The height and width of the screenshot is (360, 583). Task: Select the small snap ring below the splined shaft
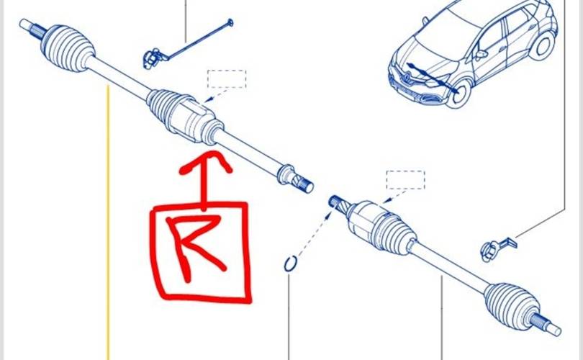point(290,264)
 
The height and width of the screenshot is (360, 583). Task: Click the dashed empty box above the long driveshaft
point(227,79)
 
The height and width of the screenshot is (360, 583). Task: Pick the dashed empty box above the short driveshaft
point(405,180)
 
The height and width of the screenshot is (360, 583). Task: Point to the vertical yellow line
point(108,222)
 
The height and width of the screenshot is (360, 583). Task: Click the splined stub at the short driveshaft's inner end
point(338,205)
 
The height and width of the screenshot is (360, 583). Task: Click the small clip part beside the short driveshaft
point(497,248)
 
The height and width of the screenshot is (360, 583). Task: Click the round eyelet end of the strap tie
point(230,23)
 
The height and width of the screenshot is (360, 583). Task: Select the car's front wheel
point(461,95)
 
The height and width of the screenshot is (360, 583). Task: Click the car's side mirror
point(481,55)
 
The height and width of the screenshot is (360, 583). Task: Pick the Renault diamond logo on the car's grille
point(408,78)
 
